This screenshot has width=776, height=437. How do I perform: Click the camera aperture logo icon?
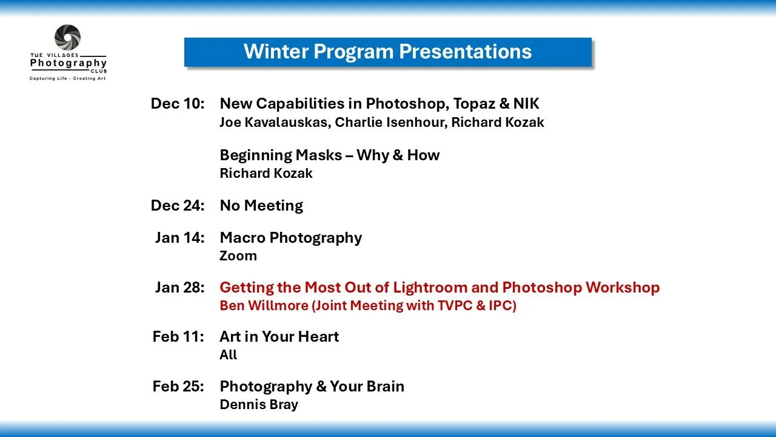point(67,37)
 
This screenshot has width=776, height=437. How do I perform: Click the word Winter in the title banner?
point(276,52)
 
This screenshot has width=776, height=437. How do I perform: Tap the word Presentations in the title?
point(465,52)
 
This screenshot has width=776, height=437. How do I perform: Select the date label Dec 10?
point(178,103)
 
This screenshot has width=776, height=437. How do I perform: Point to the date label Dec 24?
point(178,205)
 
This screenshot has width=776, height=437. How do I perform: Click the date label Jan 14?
point(180,237)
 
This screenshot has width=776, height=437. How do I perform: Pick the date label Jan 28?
point(180,287)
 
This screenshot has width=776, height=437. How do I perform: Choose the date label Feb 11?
point(178,336)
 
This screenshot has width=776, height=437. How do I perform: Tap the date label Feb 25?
point(178,386)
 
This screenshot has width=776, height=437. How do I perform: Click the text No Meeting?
point(261,206)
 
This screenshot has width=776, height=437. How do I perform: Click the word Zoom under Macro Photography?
point(238,256)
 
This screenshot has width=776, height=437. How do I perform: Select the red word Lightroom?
point(430,288)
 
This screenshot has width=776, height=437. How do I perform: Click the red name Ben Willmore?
point(264,305)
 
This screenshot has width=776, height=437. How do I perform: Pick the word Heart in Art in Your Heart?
point(318,336)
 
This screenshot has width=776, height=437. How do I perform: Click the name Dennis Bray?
point(259,404)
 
